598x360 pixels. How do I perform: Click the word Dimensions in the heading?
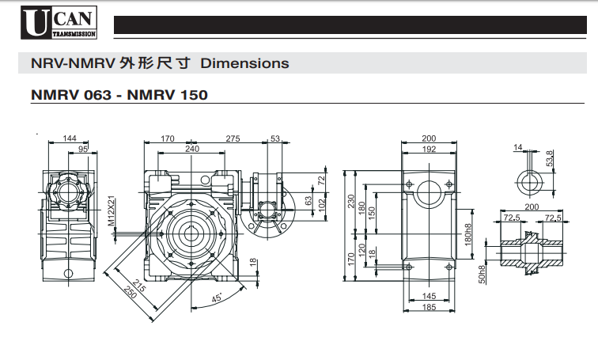tap(245, 63)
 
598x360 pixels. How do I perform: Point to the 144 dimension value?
tap(71, 138)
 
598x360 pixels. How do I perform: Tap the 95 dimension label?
tap(83, 149)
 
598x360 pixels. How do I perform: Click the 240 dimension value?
tap(191, 149)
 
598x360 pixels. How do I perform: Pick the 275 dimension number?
tap(233, 138)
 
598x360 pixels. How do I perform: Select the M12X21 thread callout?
tap(112, 212)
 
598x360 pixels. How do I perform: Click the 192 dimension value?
tap(429, 149)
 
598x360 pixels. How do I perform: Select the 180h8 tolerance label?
tap(469, 234)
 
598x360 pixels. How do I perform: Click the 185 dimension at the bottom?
tap(429, 307)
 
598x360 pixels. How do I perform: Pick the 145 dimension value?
tap(429, 296)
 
